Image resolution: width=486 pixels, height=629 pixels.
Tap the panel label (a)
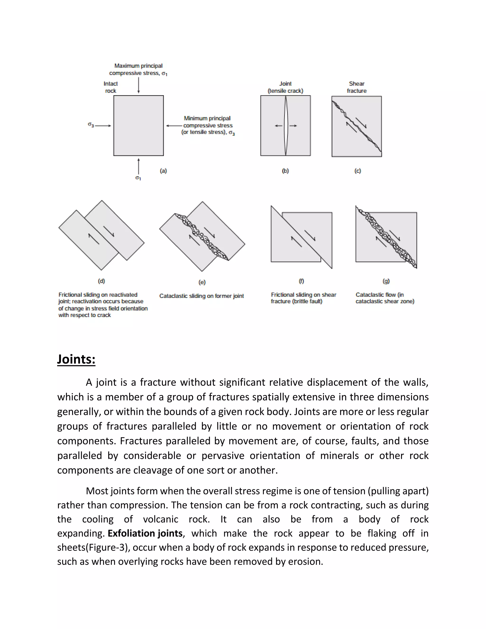[x=163, y=171]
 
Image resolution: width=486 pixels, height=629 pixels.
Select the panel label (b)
[x=285, y=171]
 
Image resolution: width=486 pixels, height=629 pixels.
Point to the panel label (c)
[x=358, y=171]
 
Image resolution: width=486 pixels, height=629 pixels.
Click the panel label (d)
[x=101, y=281]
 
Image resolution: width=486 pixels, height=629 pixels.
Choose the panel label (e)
[x=202, y=282]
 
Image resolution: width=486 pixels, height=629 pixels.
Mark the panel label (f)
[x=301, y=281]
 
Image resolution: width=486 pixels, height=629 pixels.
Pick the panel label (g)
[x=386, y=281]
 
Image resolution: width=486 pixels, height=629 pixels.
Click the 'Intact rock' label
[x=111, y=87]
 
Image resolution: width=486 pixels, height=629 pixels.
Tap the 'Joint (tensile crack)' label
[x=285, y=87]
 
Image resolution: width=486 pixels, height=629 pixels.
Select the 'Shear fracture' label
[x=356, y=87]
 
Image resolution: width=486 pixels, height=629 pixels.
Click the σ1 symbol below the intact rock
[x=138, y=178]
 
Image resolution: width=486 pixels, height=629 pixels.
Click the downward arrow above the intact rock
[x=139, y=85]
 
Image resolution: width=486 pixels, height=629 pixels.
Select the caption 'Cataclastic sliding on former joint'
[x=201, y=296]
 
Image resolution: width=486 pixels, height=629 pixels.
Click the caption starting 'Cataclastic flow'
[x=385, y=298]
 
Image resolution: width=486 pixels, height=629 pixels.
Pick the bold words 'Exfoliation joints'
[x=145, y=533]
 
